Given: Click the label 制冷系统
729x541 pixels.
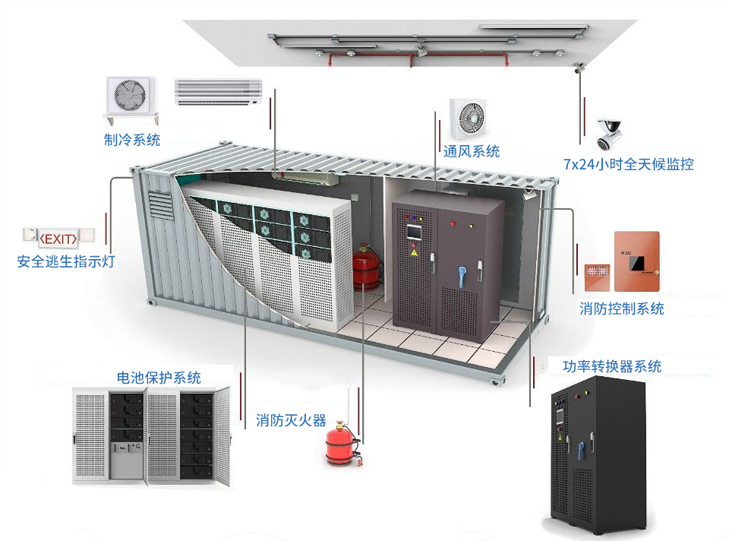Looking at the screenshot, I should (x=132, y=139).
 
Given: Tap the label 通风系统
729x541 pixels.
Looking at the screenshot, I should (x=471, y=151).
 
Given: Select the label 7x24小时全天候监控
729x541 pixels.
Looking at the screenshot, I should (x=629, y=163).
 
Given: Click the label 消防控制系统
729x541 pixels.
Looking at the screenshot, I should (x=621, y=308).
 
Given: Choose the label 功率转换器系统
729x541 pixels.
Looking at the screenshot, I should (x=612, y=366).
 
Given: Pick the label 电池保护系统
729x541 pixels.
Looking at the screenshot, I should (x=159, y=377).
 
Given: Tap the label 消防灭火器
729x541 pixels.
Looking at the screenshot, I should (x=291, y=420).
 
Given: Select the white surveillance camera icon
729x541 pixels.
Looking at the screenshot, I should (x=610, y=134).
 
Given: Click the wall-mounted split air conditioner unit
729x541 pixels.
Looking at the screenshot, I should (x=218, y=92).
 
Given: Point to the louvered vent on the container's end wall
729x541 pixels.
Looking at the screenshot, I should (x=159, y=207).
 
